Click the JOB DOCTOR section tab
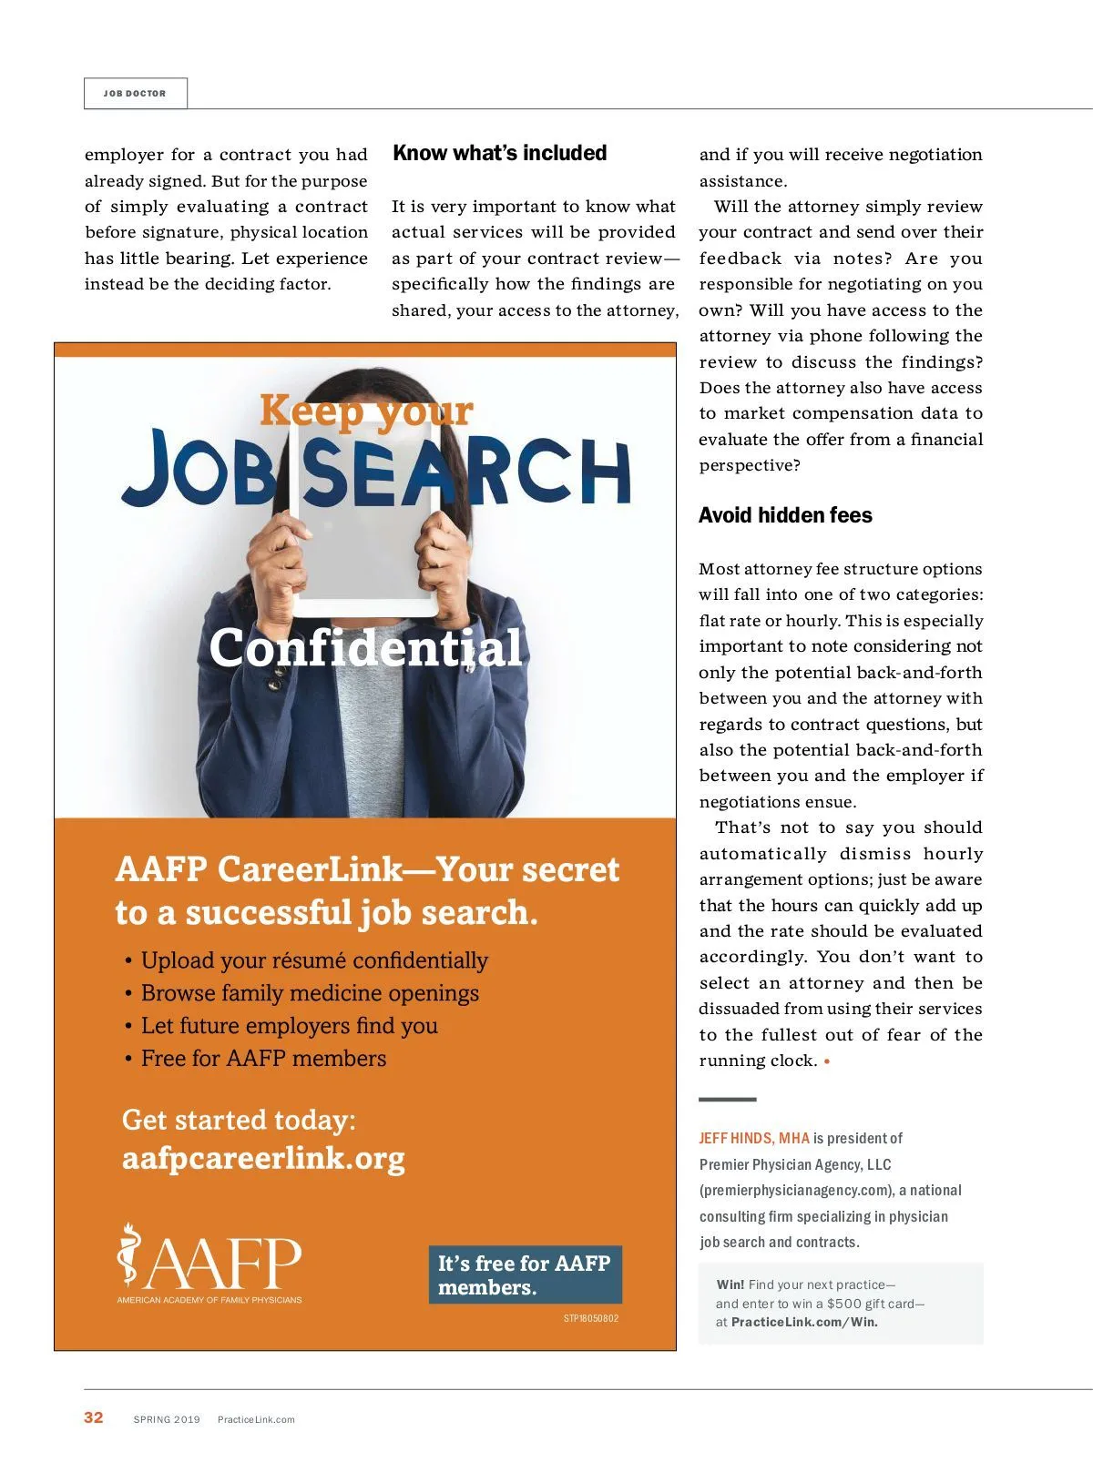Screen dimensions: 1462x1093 coord(135,94)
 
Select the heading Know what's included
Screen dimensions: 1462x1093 coord(499,153)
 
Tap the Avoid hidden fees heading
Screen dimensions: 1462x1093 coord(785,515)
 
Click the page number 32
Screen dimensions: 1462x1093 coord(94,1417)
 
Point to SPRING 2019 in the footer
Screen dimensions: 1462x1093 coord(167,1419)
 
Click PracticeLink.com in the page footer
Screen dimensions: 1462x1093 coord(256,1419)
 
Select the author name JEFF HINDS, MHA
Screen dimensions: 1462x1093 coord(754,1138)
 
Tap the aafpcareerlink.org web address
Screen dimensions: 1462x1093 coord(263,1158)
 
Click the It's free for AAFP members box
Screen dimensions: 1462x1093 coord(525,1274)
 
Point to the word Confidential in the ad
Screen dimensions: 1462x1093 coord(365,648)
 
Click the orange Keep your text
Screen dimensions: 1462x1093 coord(366,411)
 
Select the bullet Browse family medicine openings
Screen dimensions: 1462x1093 coord(310,993)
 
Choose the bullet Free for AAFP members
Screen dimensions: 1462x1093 coord(263,1059)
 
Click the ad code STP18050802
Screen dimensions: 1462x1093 coord(590,1318)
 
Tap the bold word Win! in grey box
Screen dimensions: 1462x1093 coord(730,1284)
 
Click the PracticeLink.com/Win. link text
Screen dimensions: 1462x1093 coord(804,1322)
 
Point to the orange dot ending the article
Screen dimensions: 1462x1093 coord(827,1061)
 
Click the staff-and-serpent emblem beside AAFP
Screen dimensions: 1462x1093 coord(129,1256)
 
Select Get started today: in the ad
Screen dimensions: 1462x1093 coord(239,1120)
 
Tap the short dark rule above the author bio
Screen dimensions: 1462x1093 coord(727,1100)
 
